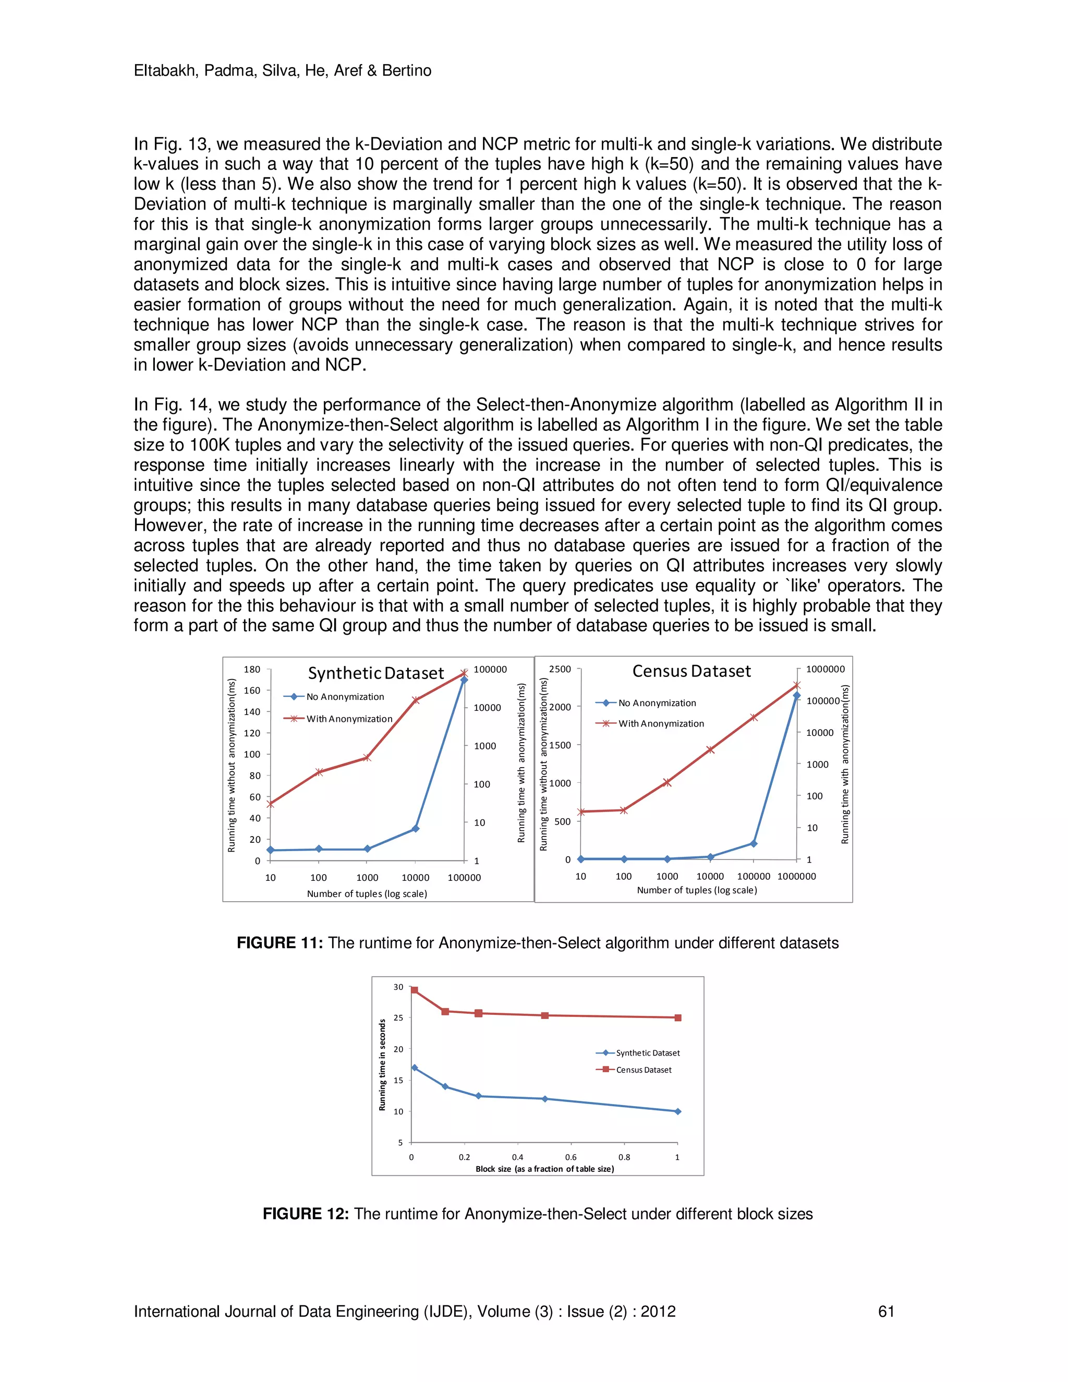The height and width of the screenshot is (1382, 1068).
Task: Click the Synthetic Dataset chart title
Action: pyautogui.click(x=376, y=673)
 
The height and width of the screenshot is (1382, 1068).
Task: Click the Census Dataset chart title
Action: pyautogui.click(x=691, y=671)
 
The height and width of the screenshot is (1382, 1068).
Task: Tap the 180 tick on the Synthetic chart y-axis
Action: pyautogui.click(x=252, y=670)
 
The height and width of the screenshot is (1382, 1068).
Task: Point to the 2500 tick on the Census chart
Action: pyautogui.click(x=560, y=670)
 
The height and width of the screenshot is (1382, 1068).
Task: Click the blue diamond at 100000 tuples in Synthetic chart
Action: pyautogui.click(x=464, y=680)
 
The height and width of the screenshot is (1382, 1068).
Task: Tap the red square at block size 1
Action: pyautogui.click(x=677, y=1017)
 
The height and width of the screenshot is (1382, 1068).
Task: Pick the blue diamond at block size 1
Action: pyautogui.click(x=677, y=1111)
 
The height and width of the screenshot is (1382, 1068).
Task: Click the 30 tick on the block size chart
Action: pyautogui.click(x=398, y=987)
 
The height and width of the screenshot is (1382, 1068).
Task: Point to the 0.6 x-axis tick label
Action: pyautogui.click(x=571, y=1157)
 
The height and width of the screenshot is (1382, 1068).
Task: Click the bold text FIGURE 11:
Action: pyautogui.click(x=280, y=943)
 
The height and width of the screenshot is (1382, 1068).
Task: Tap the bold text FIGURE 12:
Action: pyautogui.click(x=306, y=1214)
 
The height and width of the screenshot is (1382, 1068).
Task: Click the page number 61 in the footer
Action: pyautogui.click(x=886, y=1312)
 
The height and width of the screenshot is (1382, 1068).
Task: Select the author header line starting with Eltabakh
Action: pyautogui.click(x=282, y=70)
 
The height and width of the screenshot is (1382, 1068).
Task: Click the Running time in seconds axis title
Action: pyautogui.click(x=382, y=1064)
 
